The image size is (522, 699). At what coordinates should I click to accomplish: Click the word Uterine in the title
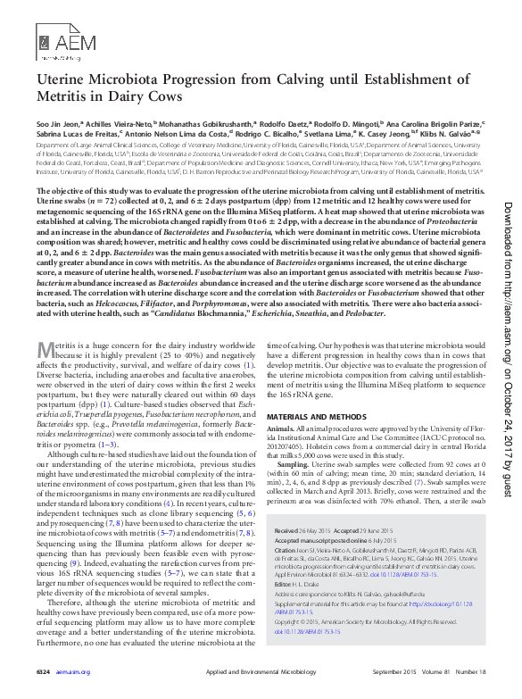(x=69, y=79)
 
